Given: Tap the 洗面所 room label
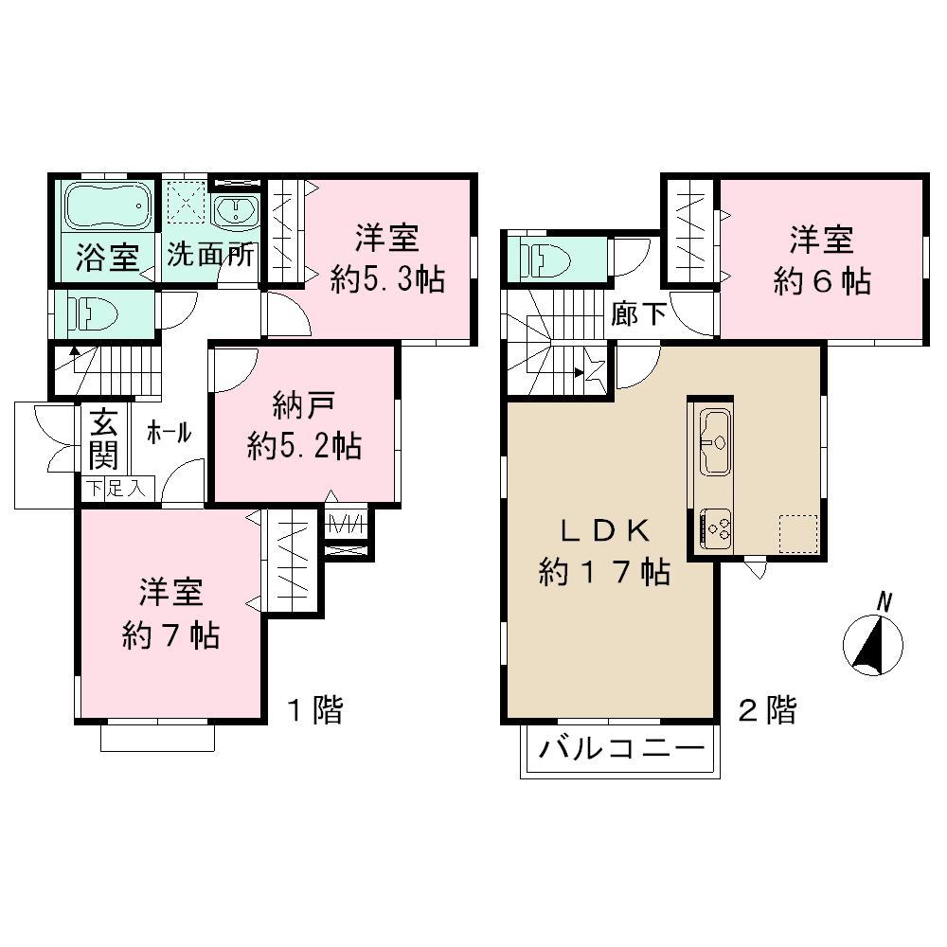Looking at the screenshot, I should click(x=210, y=256).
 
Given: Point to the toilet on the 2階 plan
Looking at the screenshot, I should click(x=540, y=257).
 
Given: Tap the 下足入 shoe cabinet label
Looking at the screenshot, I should click(x=116, y=490).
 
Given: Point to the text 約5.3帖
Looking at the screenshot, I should click(x=387, y=280).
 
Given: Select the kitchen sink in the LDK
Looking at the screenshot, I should click(x=715, y=441).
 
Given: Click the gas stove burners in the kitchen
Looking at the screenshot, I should click(x=715, y=527).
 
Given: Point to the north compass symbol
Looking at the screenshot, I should click(x=873, y=644).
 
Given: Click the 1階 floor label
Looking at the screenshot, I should click(x=313, y=710).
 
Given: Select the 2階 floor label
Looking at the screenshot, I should click(x=767, y=710).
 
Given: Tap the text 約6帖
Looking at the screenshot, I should click(x=821, y=281).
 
